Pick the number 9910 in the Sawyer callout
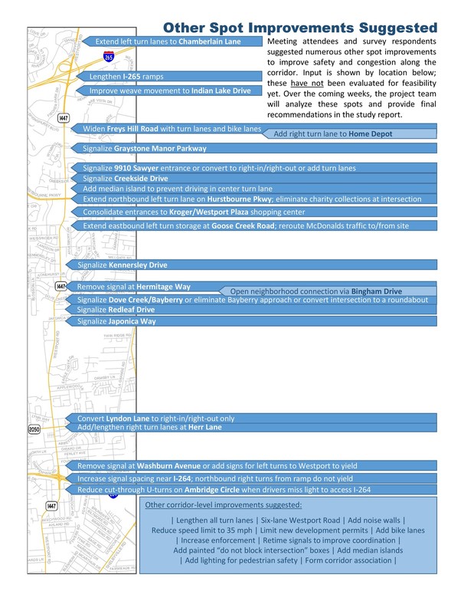125,168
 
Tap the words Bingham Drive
376,292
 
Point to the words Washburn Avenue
169,465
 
